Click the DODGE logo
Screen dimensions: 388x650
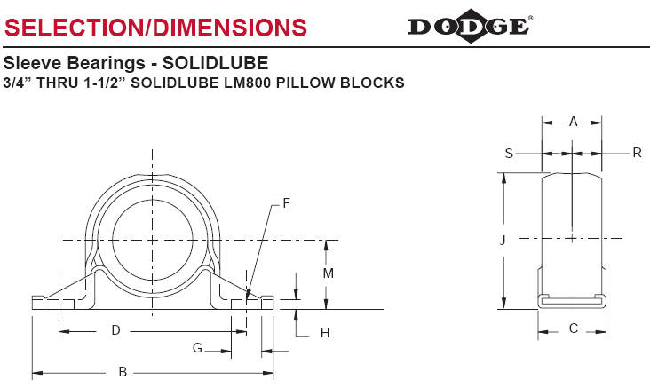469,26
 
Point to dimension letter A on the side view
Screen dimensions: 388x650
573,120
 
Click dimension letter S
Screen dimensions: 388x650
509,153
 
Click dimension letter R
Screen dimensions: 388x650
636,153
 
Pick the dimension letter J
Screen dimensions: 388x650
502,239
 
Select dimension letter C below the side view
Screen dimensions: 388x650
573,329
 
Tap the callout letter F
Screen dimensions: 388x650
286,203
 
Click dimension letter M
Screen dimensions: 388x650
328,273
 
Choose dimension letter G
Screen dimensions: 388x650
197,347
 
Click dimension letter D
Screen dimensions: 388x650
115,330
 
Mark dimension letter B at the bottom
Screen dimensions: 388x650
123,372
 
